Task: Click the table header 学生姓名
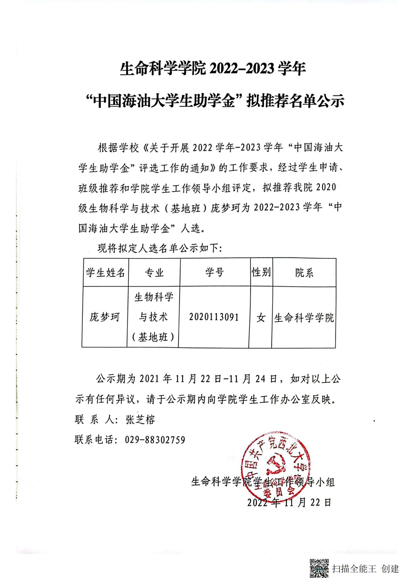(x=106, y=272)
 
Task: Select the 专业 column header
(x=154, y=272)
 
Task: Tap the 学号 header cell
(x=215, y=272)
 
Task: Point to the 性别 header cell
(x=261, y=272)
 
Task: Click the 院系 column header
(x=304, y=273)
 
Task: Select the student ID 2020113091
(x=214, y=317)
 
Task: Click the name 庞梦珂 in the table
(x=105, y=317)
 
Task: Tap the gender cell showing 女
(x=261, y=318)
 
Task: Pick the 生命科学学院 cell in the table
(x=304, y=318)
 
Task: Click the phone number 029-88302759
(x=155, y=440)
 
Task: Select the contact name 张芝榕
(x=140, y=420)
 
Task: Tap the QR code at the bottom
(x=319, y=568)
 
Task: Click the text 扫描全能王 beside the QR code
(x=354, y=568)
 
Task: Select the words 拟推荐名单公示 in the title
(x=295, y=101)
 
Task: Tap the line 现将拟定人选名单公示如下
(x=159, y=249)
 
